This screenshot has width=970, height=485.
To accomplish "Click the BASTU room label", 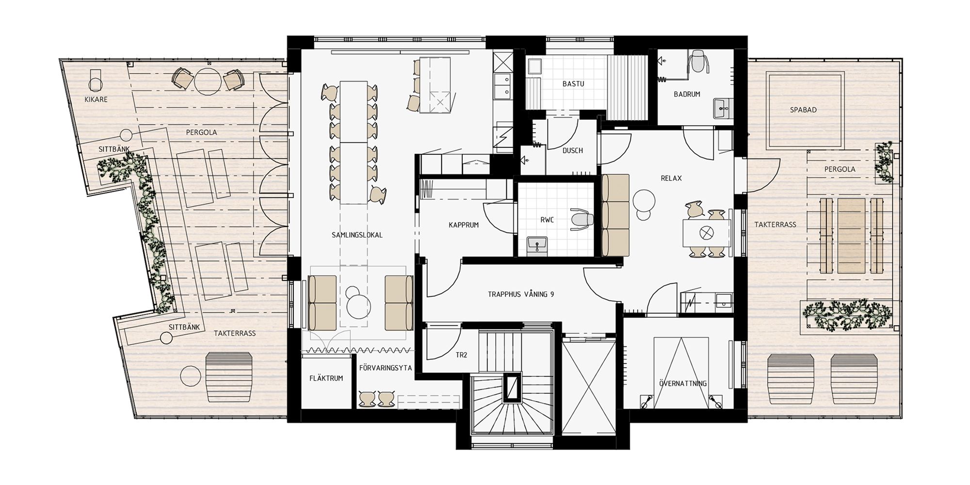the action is point(573,84).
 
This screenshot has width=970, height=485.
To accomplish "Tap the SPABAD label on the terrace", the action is point(803,110).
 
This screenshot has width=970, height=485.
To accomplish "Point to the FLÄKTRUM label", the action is point(326,378).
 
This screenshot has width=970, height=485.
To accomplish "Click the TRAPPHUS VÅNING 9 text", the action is point(521,294).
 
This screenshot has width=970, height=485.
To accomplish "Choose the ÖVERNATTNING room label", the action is point(683,384).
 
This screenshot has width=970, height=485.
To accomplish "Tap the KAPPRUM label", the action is point(464,225).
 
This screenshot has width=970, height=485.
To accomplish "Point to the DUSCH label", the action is point(572,150).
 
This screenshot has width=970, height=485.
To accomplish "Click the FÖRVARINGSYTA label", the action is point(386,368).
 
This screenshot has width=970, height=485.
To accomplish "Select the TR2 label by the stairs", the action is point(461,355).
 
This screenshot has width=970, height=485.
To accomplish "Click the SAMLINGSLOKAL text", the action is point(357,235).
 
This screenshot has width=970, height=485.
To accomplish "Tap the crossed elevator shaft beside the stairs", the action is point(589,383).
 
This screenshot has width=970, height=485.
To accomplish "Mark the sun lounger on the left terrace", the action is point(229,377).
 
